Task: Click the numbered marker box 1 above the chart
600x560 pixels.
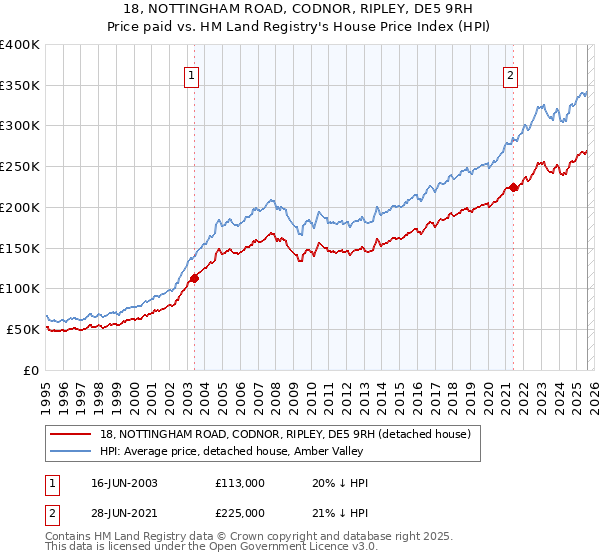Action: [x=190, y=73]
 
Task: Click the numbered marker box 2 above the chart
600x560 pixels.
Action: [x=510, y=73]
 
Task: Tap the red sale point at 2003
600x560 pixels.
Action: [x=194, y=278]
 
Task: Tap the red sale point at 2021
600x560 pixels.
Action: [x=513, y=186]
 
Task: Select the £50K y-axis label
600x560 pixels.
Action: [x=23, y=329]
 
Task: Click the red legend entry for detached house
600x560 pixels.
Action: [x=291, y=433]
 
